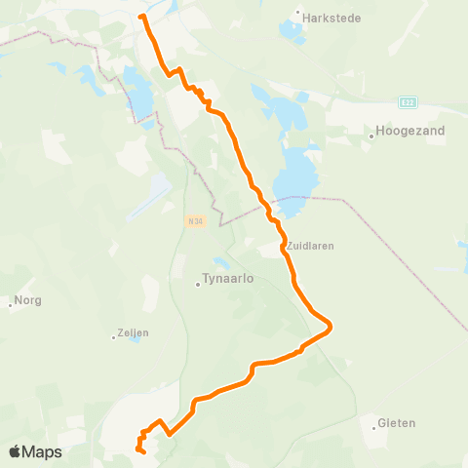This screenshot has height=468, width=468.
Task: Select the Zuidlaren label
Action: coord(311,247)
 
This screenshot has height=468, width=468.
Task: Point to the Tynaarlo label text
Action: coord(228,279)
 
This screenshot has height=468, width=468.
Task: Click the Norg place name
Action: coord(27,301)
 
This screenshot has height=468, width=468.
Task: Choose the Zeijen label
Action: coord(132,332)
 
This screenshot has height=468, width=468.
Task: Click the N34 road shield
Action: coord(195,220)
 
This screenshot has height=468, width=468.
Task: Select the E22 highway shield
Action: coord(409,100)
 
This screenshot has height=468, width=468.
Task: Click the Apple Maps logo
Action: coord(35,451)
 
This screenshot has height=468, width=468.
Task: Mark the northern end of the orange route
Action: coord(142,17)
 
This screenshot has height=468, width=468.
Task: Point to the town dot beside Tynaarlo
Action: coord(198,285)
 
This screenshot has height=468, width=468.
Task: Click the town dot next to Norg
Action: coord(11,301)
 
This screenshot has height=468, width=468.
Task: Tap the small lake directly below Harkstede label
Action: coord(292,31)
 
